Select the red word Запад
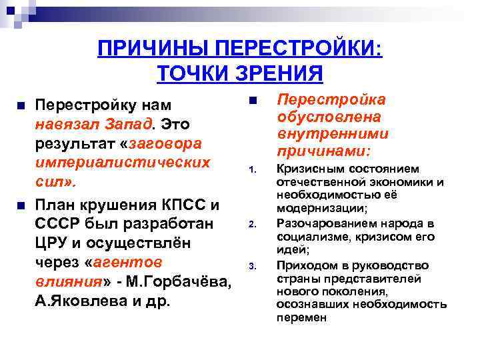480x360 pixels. pyautogui.click(x=130, y=124)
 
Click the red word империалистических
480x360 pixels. pyautogui.click(x=123, y=163)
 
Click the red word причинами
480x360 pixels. pyautogui.click(x=324, y=151)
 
